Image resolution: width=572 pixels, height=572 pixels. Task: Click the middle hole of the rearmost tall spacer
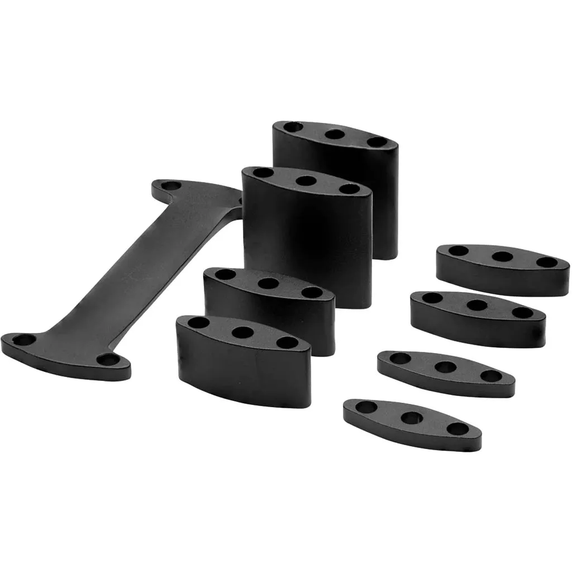(334, 134)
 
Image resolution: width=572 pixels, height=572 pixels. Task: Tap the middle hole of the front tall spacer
(306, 180)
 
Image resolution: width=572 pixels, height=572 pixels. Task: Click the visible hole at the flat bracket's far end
(172, 185)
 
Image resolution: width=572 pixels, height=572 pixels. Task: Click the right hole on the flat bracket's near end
(108, 359)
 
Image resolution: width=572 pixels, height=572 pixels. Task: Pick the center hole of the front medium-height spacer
(242, 332)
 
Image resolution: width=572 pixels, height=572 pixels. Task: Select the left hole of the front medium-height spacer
(198, 322)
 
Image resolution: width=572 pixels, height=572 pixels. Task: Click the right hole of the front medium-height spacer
(287, 342)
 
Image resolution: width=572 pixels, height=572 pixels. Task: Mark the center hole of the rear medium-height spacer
(268, 283)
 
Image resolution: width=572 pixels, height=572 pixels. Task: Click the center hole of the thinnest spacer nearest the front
(411, 417)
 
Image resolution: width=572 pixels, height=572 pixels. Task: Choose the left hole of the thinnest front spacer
(366, 407)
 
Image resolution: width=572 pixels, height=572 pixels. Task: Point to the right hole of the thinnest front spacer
(458, 429)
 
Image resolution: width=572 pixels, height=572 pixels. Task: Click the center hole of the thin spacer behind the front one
(445, 367)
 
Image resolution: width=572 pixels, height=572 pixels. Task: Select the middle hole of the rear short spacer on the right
(502, 256)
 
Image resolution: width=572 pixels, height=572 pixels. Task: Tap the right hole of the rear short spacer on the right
(546, 262)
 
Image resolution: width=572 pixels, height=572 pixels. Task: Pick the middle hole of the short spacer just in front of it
(476, 305)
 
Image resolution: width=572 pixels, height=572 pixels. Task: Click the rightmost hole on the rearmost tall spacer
(377, 142)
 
